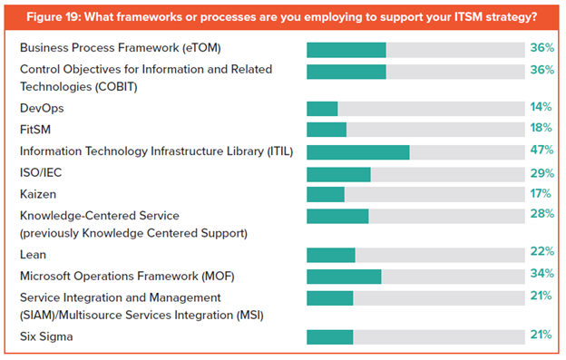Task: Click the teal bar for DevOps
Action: pos(322,109)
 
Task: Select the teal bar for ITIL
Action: pos(358,151)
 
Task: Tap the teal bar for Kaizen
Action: pos(326,194)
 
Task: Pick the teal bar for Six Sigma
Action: pos(329,336)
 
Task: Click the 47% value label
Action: pos(542,151)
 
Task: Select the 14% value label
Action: pos(542,108)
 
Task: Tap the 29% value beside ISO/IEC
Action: pos(542,172)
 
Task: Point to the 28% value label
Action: pos(542,215)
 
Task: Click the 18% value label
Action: pos(542,130)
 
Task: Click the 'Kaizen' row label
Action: pos(38,194)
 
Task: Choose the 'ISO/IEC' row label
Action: pos(41,172)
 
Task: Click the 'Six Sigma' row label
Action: pos(45,336)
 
